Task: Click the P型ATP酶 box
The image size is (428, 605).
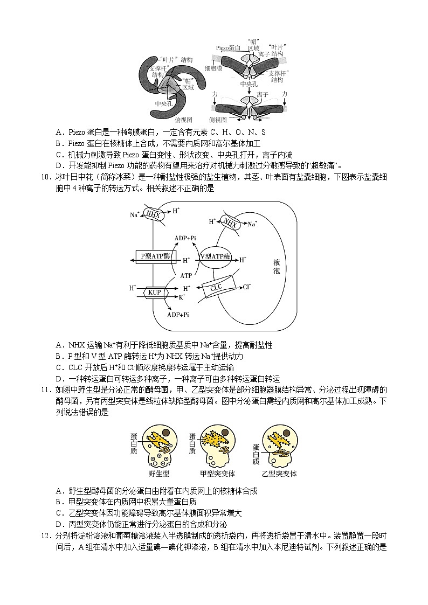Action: click(151, 256)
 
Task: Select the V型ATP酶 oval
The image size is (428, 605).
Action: click(215, 256)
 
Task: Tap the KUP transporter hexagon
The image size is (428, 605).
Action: click(152, 292)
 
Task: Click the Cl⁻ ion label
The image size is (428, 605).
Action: click(247, 287)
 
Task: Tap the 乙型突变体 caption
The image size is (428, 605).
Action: click(279, 474)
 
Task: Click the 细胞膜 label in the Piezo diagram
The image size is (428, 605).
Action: click(214, 68)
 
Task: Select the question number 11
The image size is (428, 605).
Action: click(45, 390)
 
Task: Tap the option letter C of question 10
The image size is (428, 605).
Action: click(59, 367)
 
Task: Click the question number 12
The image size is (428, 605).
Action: click(45, 537)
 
